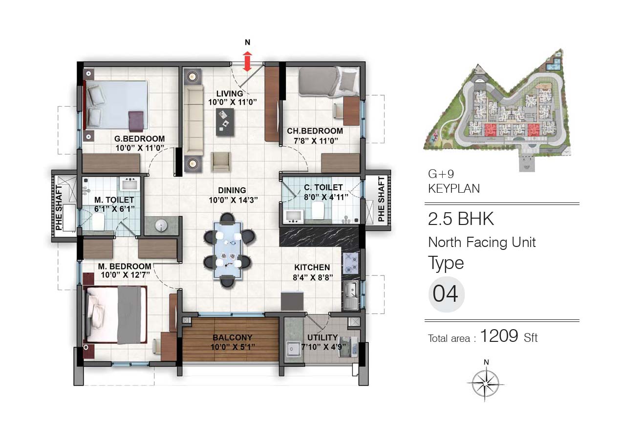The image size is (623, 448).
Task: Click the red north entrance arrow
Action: coord(247,61)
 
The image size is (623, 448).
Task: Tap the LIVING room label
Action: coord(230,93)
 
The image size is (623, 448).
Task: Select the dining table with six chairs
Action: coord(228,250)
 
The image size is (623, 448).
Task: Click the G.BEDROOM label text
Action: coord(139,139)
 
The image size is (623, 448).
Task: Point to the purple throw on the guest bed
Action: coord(136,121)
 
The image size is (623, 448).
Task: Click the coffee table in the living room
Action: coord(225,122)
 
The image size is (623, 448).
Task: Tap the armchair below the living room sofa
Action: coord(221,161)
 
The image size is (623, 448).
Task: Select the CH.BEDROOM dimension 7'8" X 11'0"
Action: coord(316,141)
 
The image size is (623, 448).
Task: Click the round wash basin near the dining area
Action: coord(161,225)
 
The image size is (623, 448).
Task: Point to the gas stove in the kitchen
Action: coord(350,263)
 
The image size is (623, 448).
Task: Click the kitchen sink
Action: coord(350,296)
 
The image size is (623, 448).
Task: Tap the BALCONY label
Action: coord(232,337)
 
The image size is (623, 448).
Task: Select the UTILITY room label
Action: coord(322,337)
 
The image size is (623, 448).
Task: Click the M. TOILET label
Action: coord(114,200)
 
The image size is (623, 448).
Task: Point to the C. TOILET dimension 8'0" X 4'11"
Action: coord(326,198)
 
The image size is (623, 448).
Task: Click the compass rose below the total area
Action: coord(486,383)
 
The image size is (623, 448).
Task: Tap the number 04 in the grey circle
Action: coord(445,294)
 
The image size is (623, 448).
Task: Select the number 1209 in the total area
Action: coord(499,336)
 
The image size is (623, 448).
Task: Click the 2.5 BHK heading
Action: coord(461,219)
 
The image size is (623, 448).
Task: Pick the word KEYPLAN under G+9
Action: coord(454,189)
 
